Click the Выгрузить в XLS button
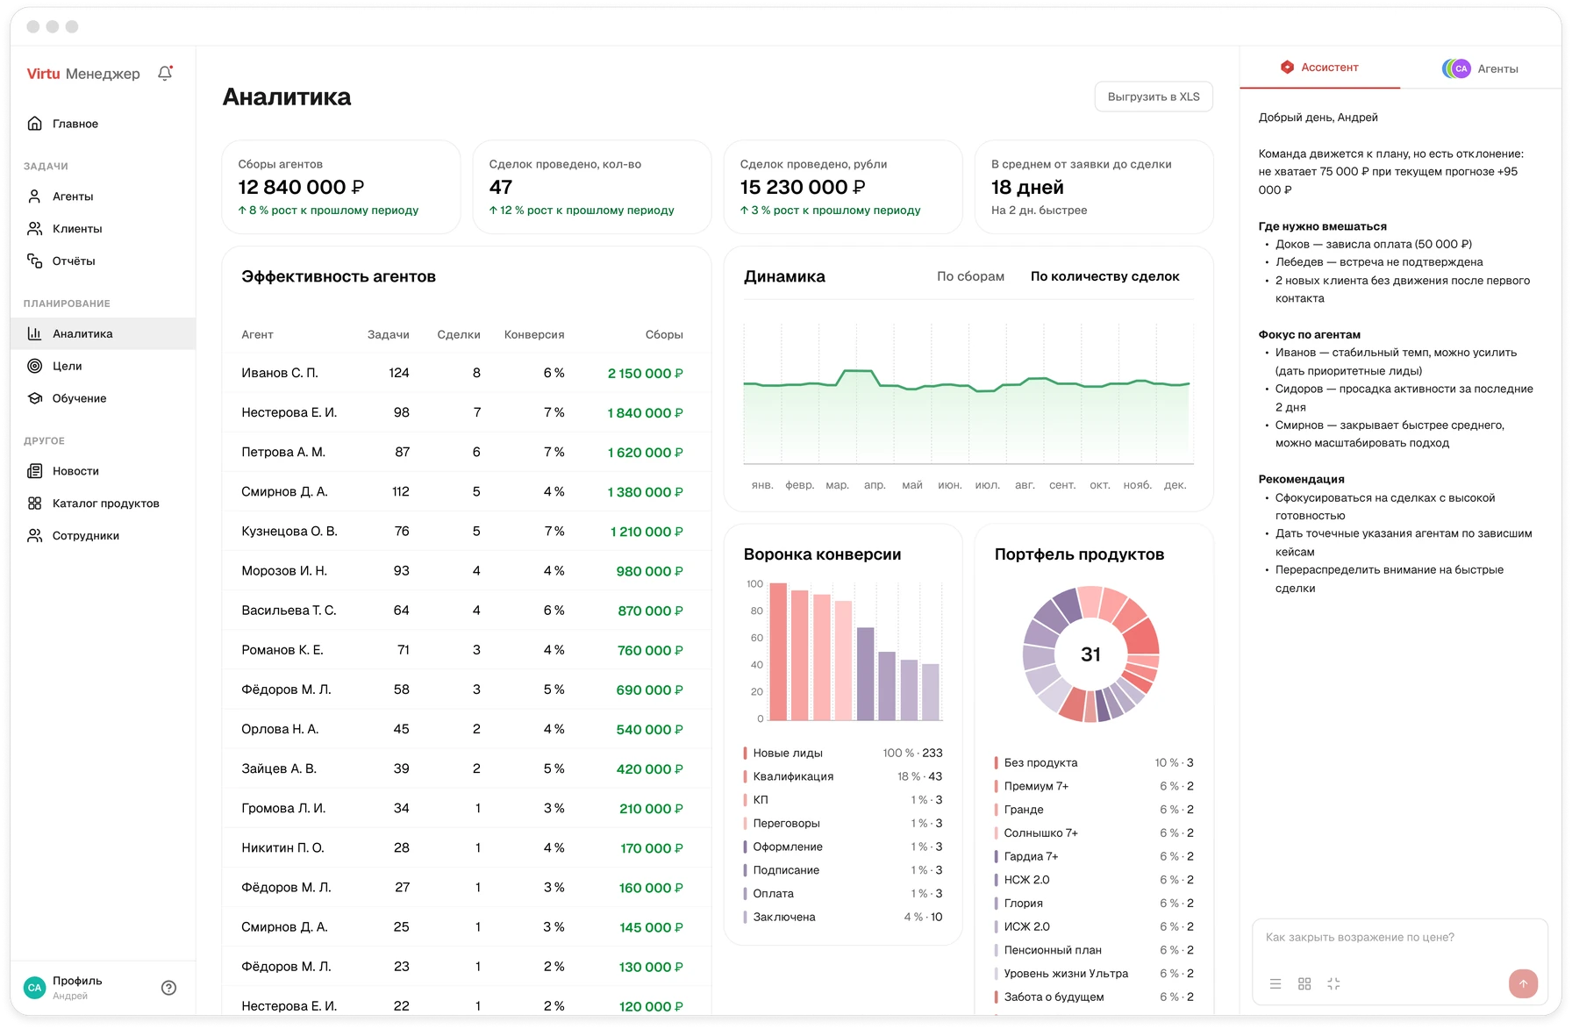tap(1154, 96)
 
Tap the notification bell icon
tap(165, 74)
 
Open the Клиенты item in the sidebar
tap(77, 229)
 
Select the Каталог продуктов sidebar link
tap(105, 504)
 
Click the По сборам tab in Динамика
tap(970, 276)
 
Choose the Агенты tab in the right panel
tap(1481, 68)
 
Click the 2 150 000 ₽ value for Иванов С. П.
tap(645, 374)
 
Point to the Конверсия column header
tap(534, 335)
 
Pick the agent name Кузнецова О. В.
tap(289, 532)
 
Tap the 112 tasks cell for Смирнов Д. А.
tap(401, 492)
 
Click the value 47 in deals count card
tap(501, 187)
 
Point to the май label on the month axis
tap(912, 485)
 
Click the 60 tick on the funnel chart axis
tap(756, 638)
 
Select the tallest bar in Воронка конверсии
tap(777, 652)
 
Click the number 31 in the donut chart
tap(1090, 654)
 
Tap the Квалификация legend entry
tap(793, 776)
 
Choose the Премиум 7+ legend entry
tap(1036, 786)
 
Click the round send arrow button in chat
tap(1523, 983)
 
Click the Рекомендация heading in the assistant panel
tap(1301, 479)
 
